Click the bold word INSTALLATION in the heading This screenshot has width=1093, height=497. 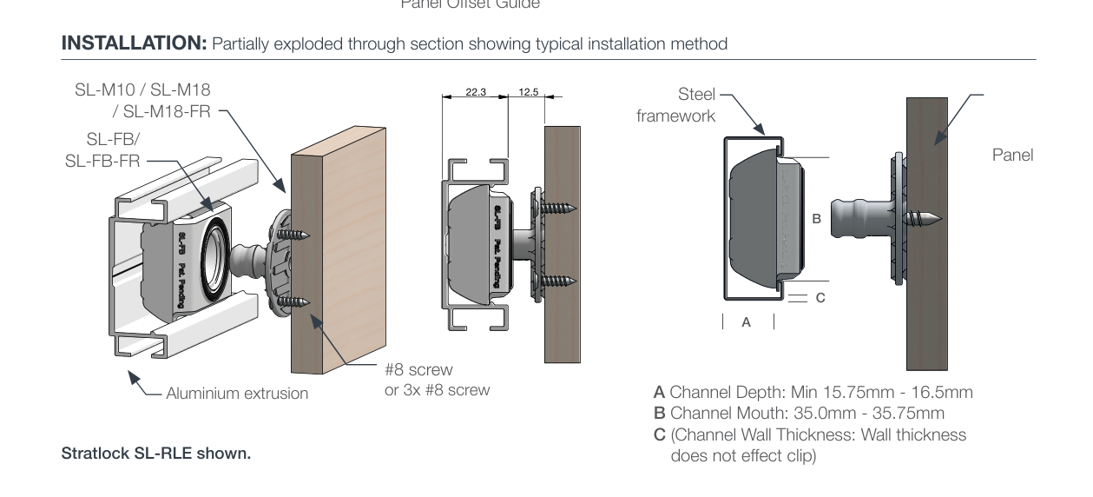coord(134,43)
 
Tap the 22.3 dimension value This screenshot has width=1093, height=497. coord(475,92)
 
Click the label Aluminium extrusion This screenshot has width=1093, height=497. coord(237,394)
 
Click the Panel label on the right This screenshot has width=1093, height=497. coord(1012,156)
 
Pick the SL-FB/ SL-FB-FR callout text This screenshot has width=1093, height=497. coord(105,150)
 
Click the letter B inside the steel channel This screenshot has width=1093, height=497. coord(816,220)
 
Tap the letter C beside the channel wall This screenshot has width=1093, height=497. coord(820,298)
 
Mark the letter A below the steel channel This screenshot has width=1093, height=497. coord(746,322)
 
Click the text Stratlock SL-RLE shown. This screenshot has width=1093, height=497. coord(155,454)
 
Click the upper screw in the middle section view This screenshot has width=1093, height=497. coord(557,209)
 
